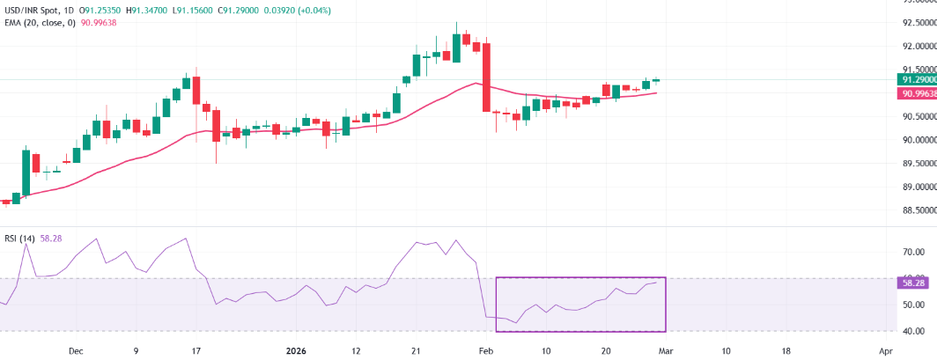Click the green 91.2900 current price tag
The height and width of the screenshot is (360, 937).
coord(918,79)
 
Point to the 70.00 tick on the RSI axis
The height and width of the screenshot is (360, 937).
coord(913,253)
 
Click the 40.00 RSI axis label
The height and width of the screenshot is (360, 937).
coord(913,331)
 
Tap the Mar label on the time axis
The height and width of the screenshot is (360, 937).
coord(667,349)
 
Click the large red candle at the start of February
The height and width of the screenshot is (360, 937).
coord(486,77)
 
